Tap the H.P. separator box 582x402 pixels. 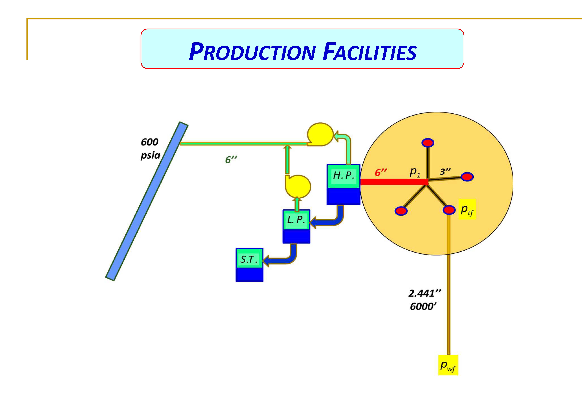343,184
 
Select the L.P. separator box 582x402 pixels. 296,226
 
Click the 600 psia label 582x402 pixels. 150,149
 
